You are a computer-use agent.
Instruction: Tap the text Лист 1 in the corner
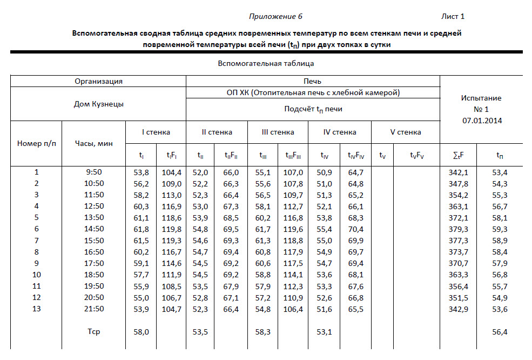pyautogui.click(x=453, y=16)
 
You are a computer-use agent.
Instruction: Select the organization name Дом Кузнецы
pyautogui.click(x=98, y=104)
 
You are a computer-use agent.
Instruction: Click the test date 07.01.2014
pyautogui.click(x=481, y=121)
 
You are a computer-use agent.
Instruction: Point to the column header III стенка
pyautogui.click(x=278, y=132)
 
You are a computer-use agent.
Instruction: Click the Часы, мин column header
pyautogui.click(x=93, y=143)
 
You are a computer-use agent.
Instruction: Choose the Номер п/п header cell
pyautogui.click(x=37, y=143)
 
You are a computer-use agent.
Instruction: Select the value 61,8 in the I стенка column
pyautogui.click(x=141, y=229)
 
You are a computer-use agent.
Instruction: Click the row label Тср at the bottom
pyautogui.click(x=93, y=332)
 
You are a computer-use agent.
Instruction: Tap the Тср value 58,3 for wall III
pyautogui.click(x=262, y=332)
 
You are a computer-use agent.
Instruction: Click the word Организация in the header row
pyautogui.click(x=98, y=81)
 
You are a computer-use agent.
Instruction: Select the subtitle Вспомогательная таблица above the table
pyautogui.click(x=266, y=63)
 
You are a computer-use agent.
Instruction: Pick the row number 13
pyautogui.click(x=37, y=309)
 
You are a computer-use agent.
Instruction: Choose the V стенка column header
pyautogui.click(x=405, y=132)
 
